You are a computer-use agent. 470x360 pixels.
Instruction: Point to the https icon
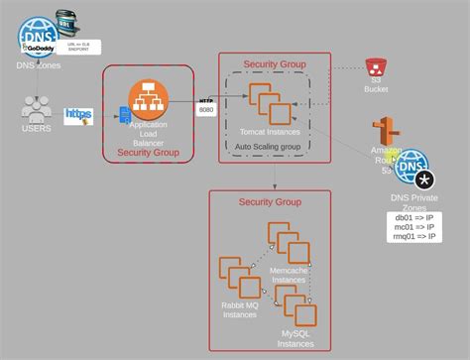[x=79, y=115]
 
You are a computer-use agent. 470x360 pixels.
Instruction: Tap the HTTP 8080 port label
[x=206, y=105]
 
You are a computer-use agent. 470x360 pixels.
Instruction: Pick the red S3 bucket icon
[x=376, y=67]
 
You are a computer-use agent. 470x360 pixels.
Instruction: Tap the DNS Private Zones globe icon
[x=411, y=171]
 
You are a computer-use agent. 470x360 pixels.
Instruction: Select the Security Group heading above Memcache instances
[x=269, y=202]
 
